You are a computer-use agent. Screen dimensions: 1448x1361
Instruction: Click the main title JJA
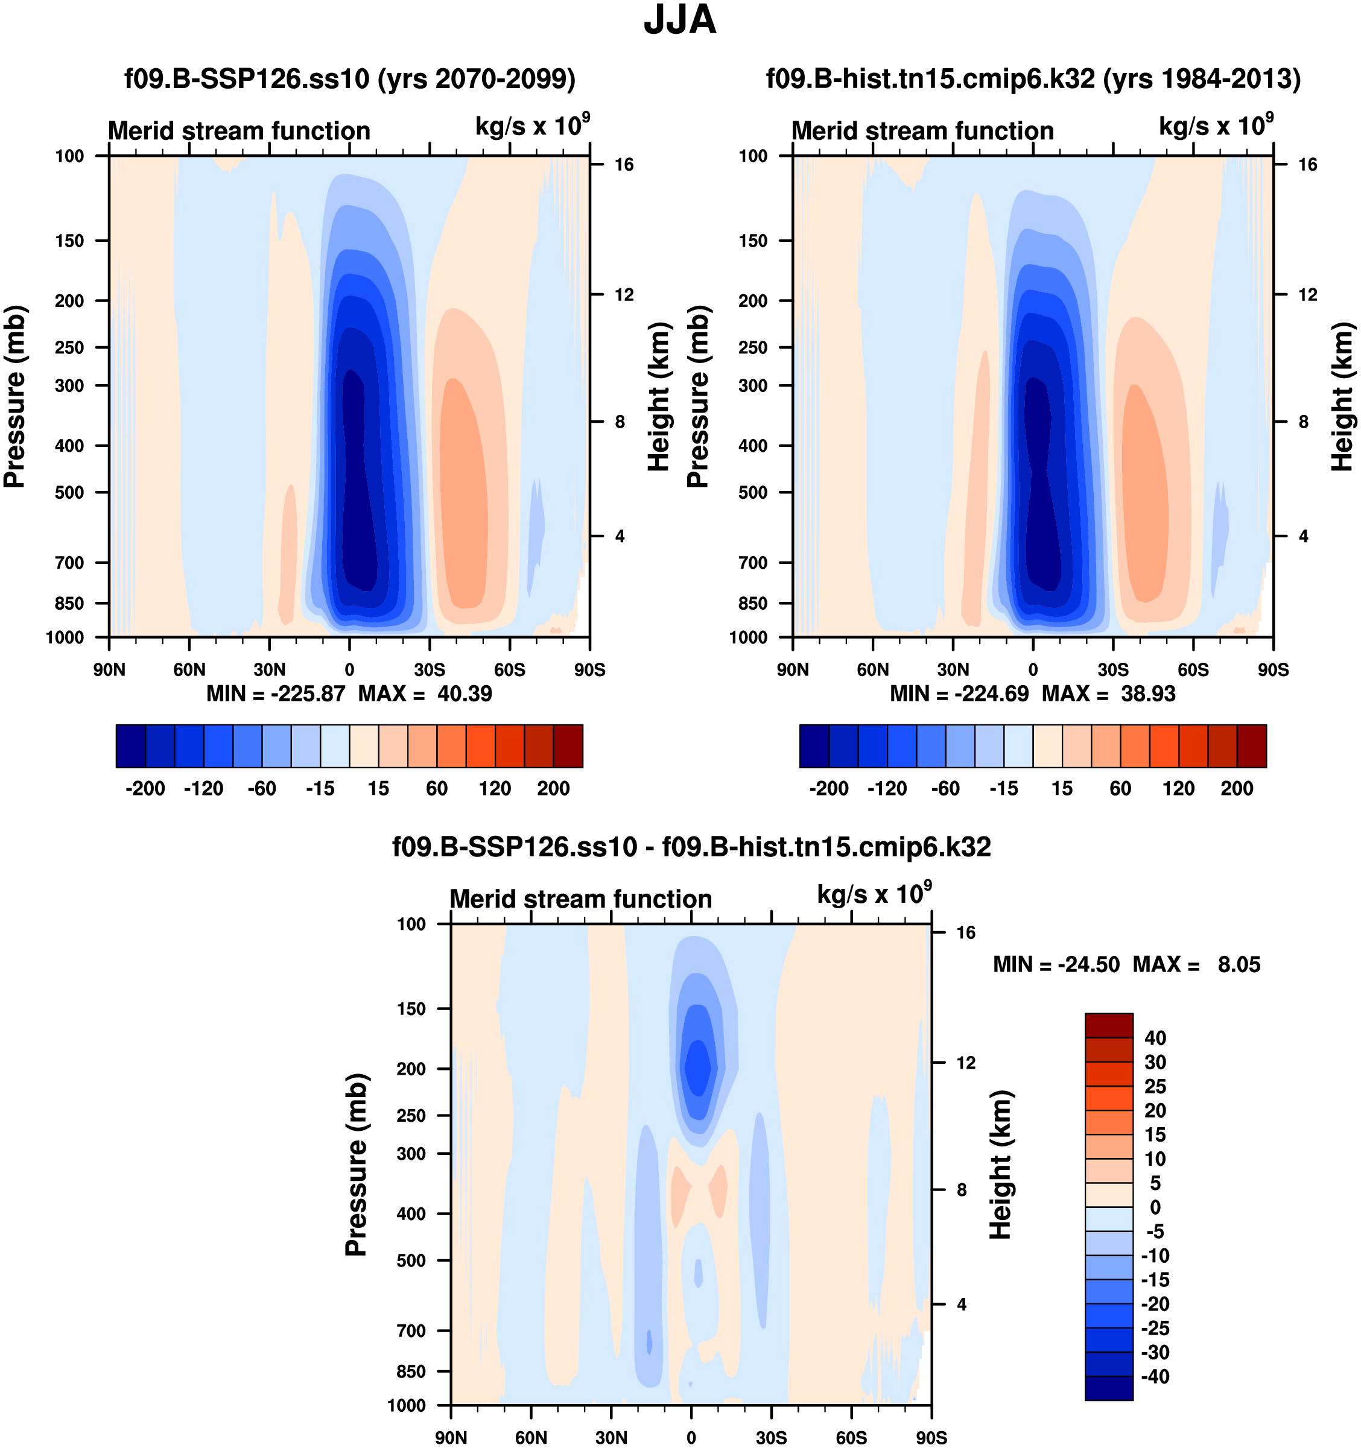click(x=680, y=20)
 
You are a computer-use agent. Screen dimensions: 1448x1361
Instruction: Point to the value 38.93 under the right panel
click(x=1147, y=694)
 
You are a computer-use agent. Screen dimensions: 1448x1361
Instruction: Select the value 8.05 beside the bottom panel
click(x=1239, y=964)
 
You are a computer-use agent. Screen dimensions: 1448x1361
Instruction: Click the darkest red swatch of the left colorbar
click(x=568, y=746)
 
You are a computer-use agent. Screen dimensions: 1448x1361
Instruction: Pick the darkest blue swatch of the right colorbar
click(x=814, y=746)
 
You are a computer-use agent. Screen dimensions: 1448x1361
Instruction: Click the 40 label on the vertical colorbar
click(x=1155, y=1038)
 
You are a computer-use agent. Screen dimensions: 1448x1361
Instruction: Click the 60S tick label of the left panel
click(x=509, y=670)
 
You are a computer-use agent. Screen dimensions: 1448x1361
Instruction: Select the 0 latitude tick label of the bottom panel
click(x=691, y=1438)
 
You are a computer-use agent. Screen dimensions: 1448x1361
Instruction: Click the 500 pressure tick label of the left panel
click(x=69, y=492)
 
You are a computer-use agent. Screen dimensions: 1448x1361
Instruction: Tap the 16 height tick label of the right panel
click(x=1307, y=165)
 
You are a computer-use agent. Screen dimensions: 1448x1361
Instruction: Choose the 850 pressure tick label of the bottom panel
click(x=411, y=1371)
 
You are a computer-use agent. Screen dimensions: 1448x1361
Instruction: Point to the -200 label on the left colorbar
click(x=145, y=788)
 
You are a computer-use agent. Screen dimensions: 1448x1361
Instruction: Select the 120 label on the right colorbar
click(x=1178, y=788)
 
